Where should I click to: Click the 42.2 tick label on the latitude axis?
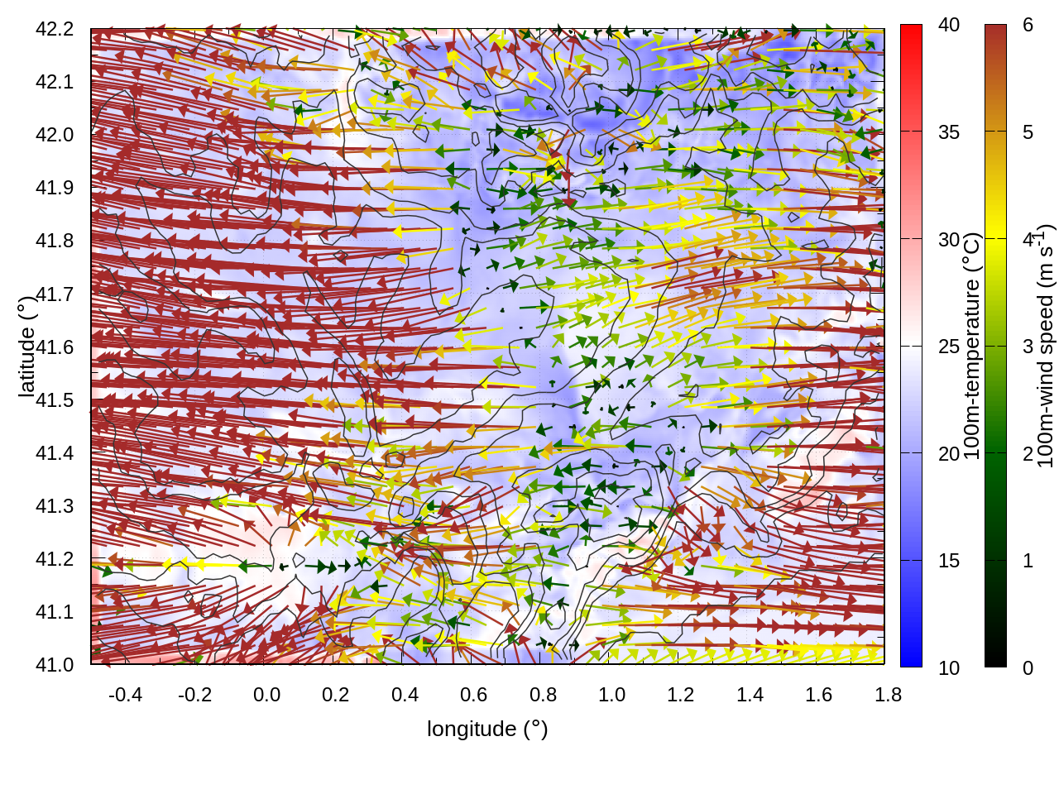[55, 29]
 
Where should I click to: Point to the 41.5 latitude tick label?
[55, 400]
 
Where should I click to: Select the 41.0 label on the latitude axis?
[55, 665]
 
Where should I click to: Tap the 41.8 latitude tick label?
[55, 241]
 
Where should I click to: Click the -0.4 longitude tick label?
[125, 695]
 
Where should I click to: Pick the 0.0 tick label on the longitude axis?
[266, 695]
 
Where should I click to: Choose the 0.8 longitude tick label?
[543, 695]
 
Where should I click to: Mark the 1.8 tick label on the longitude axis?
[888, 695]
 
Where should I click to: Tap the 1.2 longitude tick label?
[681, 695]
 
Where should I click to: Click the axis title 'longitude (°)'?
[487, 729]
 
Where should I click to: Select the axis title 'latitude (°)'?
[26, 347]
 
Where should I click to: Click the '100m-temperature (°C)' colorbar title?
[972, 347]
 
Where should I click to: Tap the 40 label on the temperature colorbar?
[949, 26]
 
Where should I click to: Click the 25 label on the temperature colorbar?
[949, 347]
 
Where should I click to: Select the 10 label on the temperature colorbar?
[949, 667]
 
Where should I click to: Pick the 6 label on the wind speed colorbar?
[1028, 26]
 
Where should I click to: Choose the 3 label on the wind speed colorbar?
[1028, 347]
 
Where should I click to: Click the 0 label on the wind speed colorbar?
[1028, 667]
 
